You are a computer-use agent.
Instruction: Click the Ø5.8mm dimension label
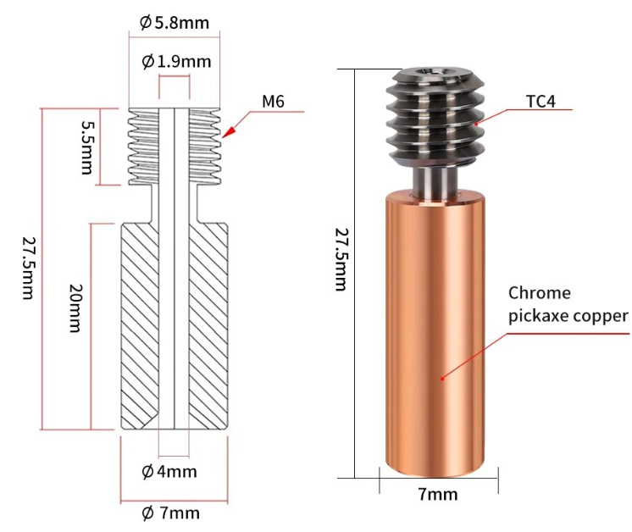coord(175,23)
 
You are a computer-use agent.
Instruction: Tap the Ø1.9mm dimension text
coord(176,62)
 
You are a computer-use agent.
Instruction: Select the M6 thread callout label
coord(273,101)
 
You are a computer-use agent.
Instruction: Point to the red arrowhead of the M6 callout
coord(228,133)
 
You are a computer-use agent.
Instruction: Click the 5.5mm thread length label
coord(88,147)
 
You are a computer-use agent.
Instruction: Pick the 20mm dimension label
coord(75,308)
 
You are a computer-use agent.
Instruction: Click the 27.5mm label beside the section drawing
coord(29,268)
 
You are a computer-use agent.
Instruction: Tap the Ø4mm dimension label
coord(169,471)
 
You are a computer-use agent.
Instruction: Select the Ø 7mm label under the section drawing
coord(170,513)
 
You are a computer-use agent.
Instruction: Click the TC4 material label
coord(541,102)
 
